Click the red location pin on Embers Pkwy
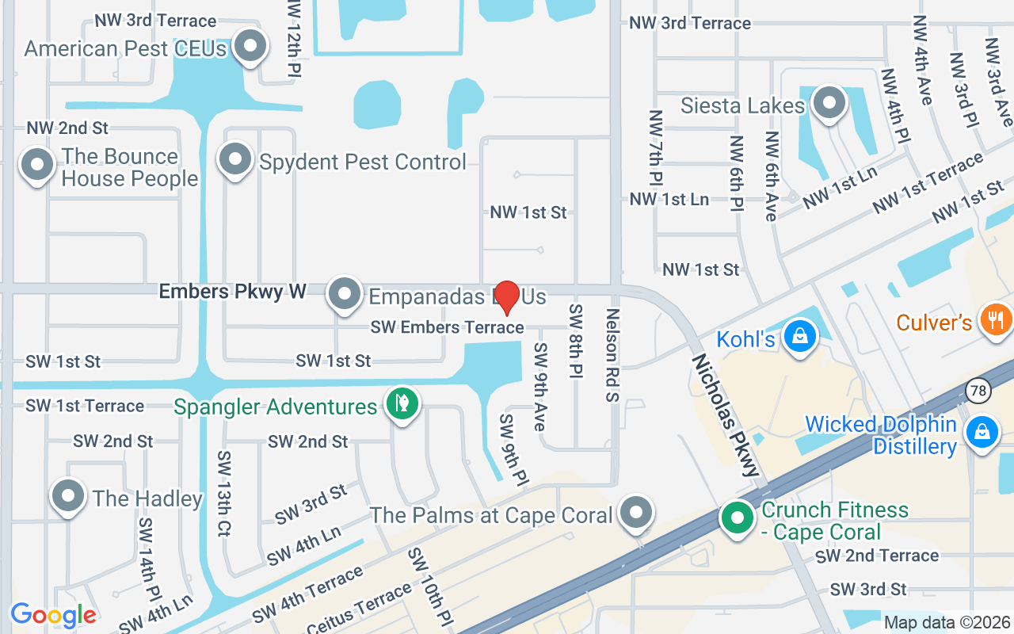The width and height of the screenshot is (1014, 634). click(507, 296)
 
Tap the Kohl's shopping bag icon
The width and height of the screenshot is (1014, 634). click(800, 336)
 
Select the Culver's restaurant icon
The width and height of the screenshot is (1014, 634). click(996, 319)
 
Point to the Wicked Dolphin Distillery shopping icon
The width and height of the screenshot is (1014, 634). click(982, 433)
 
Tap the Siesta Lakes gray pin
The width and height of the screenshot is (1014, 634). click(829, 102)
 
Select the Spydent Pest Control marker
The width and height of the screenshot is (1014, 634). click(234, 159)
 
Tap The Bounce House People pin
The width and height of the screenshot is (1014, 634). click(36, 165)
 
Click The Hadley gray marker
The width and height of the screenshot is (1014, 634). click(68, 495)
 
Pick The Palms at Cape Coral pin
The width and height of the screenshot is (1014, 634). click(636, 512)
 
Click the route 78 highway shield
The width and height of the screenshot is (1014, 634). click(978, 389)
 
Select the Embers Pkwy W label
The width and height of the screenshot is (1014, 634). click(233, 292)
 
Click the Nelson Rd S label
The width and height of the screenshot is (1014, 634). click(612, 355)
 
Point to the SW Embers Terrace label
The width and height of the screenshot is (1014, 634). click(447, 327)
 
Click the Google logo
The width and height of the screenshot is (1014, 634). click(54, 614)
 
